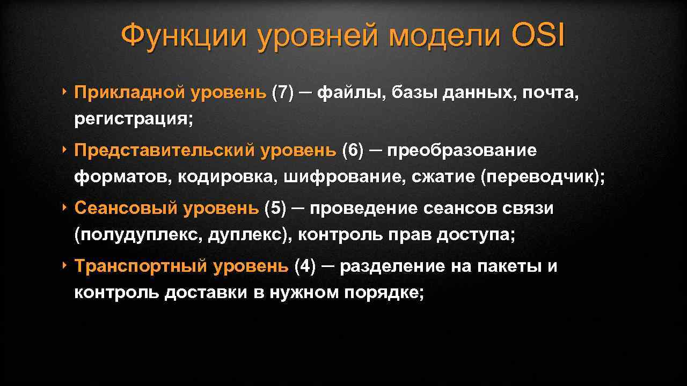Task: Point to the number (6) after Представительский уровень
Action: pyautogui.click(x=352, y=151)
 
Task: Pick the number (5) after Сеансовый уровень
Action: pyautogui.click(x=275, y=209)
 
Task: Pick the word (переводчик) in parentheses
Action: pyautogui.click(x=542, y=177)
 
